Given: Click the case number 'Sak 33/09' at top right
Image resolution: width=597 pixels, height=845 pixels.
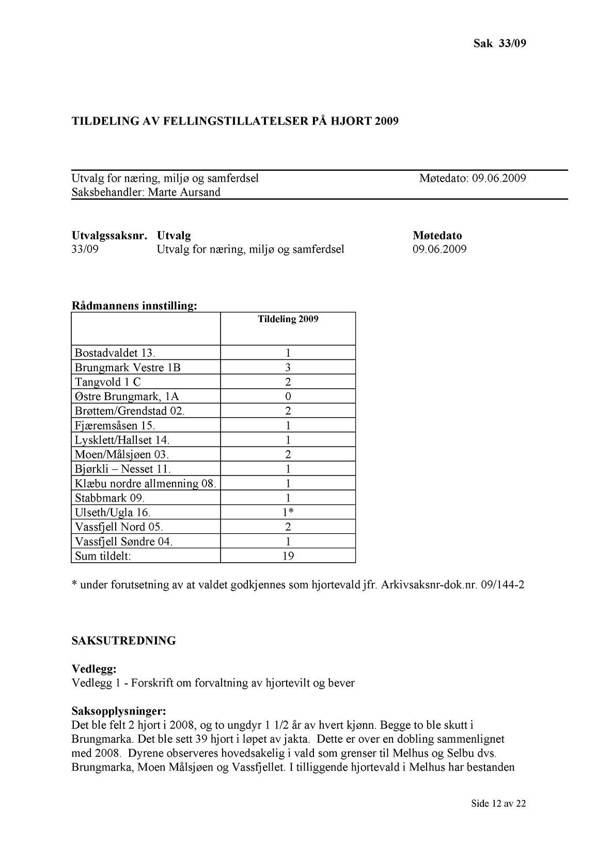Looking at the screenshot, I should [499, 43].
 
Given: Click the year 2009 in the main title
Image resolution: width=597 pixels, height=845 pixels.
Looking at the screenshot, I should [387, 121].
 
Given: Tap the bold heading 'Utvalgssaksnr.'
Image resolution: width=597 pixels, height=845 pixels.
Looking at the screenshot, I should [109, 236].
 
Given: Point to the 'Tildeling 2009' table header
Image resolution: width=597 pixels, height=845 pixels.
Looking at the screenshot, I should [288, 319].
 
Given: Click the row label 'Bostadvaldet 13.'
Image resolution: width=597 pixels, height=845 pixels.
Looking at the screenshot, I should [115, 353].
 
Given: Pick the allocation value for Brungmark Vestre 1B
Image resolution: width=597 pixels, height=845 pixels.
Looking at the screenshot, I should [288, 368].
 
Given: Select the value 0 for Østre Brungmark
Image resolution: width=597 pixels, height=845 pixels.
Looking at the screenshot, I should [288, 396].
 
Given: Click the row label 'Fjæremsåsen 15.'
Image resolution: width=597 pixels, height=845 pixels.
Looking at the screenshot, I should [115, 425].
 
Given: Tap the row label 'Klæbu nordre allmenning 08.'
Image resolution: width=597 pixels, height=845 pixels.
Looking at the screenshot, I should [145, 484].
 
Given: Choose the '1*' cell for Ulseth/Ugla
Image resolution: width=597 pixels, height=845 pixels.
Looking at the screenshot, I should [289, 513].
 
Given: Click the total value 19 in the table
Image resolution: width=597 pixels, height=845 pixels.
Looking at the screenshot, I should [288, 556].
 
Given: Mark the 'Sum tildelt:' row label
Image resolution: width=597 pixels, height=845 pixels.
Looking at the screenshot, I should [103, 556].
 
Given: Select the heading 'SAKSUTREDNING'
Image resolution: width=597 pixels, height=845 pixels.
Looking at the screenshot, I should [124, 641].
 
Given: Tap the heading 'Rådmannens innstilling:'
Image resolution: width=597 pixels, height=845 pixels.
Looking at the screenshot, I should [134, 306].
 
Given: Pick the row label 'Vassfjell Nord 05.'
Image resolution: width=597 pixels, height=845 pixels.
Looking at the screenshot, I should [119, 527].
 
